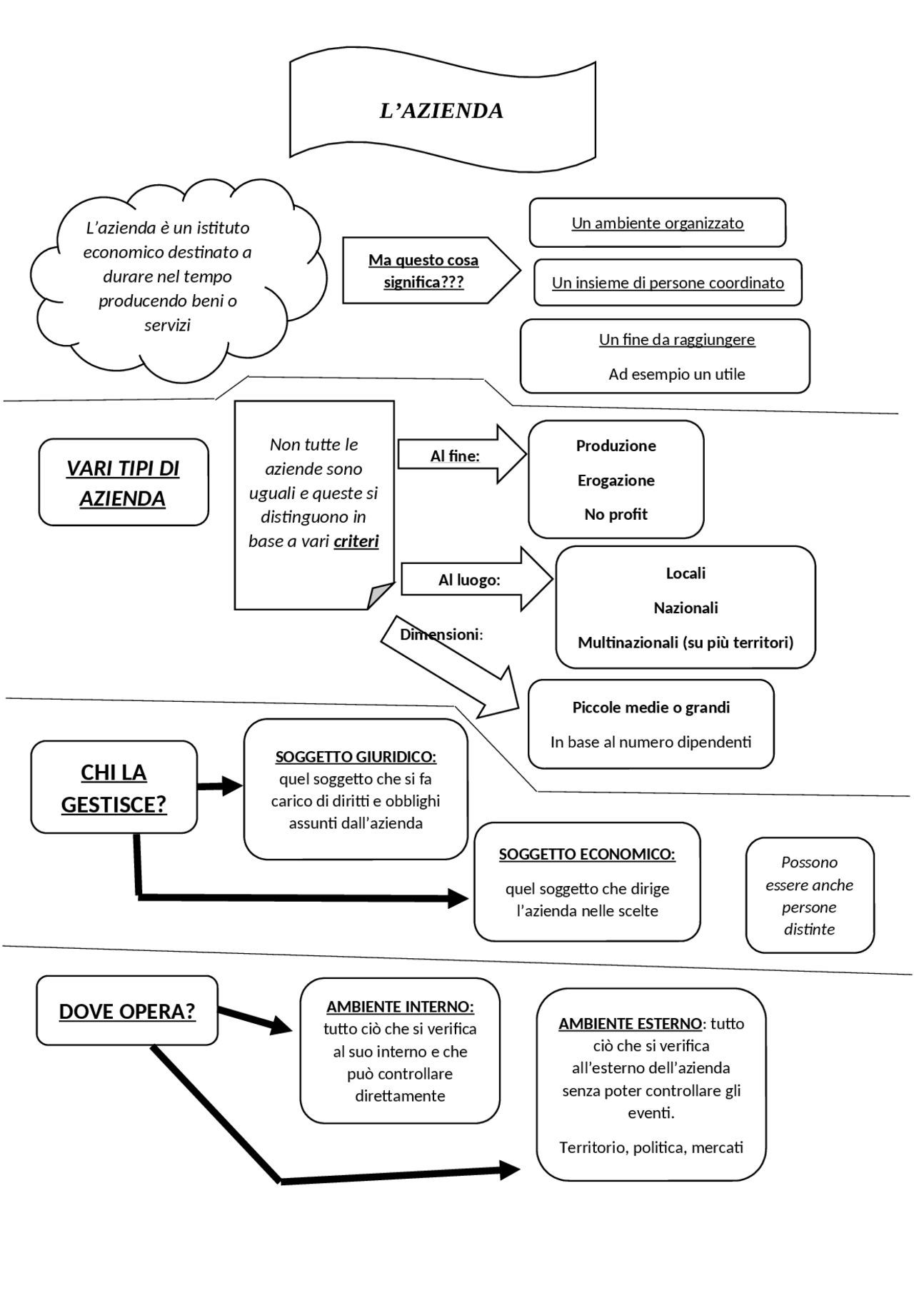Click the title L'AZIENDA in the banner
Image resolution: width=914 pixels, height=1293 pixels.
(441, 111)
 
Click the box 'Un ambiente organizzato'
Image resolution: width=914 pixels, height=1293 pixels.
(657, 223)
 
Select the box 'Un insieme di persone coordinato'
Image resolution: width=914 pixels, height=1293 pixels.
(668, 283)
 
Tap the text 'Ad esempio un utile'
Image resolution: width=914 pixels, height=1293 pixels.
(676, 374)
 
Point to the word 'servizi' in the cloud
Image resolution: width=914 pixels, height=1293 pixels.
(167, 326)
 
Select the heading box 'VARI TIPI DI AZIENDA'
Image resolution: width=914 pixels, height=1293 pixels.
(123, 483)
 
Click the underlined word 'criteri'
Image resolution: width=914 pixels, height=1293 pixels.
(356, 541)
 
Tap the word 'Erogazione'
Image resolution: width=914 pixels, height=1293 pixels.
(616, 481)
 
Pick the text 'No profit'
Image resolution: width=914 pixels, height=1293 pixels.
(616, 515)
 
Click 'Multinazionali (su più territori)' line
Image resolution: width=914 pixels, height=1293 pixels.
(685, 643)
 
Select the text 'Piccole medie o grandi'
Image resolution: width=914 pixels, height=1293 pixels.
(651, 708)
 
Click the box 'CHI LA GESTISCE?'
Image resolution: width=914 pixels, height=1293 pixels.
(114, 788)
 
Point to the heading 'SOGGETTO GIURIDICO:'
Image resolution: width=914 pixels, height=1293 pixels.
(356, 757)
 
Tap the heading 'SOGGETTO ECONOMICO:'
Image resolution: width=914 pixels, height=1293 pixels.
(587, 855)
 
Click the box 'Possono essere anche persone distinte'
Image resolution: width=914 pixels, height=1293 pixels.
(809, 895)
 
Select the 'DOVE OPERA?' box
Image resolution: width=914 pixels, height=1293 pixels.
(127, 1011)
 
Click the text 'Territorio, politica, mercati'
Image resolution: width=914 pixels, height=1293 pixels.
(651, 1147)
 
